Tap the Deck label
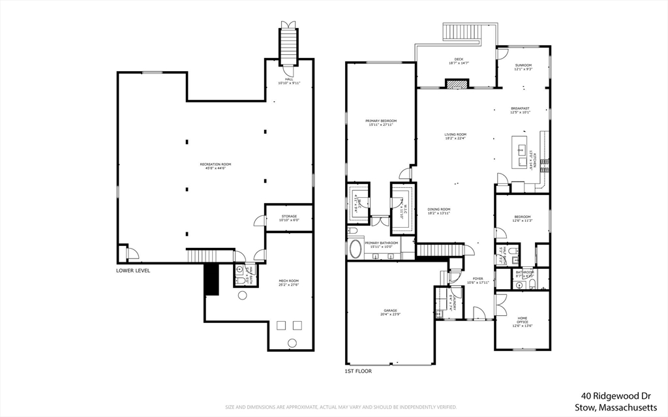[x=459, y=61]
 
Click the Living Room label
[x=455, y=136]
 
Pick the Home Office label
[x=522, y=320]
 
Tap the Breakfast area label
[x=520, y=110]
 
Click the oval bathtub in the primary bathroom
[x=356, y=249]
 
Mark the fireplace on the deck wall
[x=457, y=83]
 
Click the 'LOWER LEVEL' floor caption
[x=133, y=270]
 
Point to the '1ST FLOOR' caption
[x=358, y=371]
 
